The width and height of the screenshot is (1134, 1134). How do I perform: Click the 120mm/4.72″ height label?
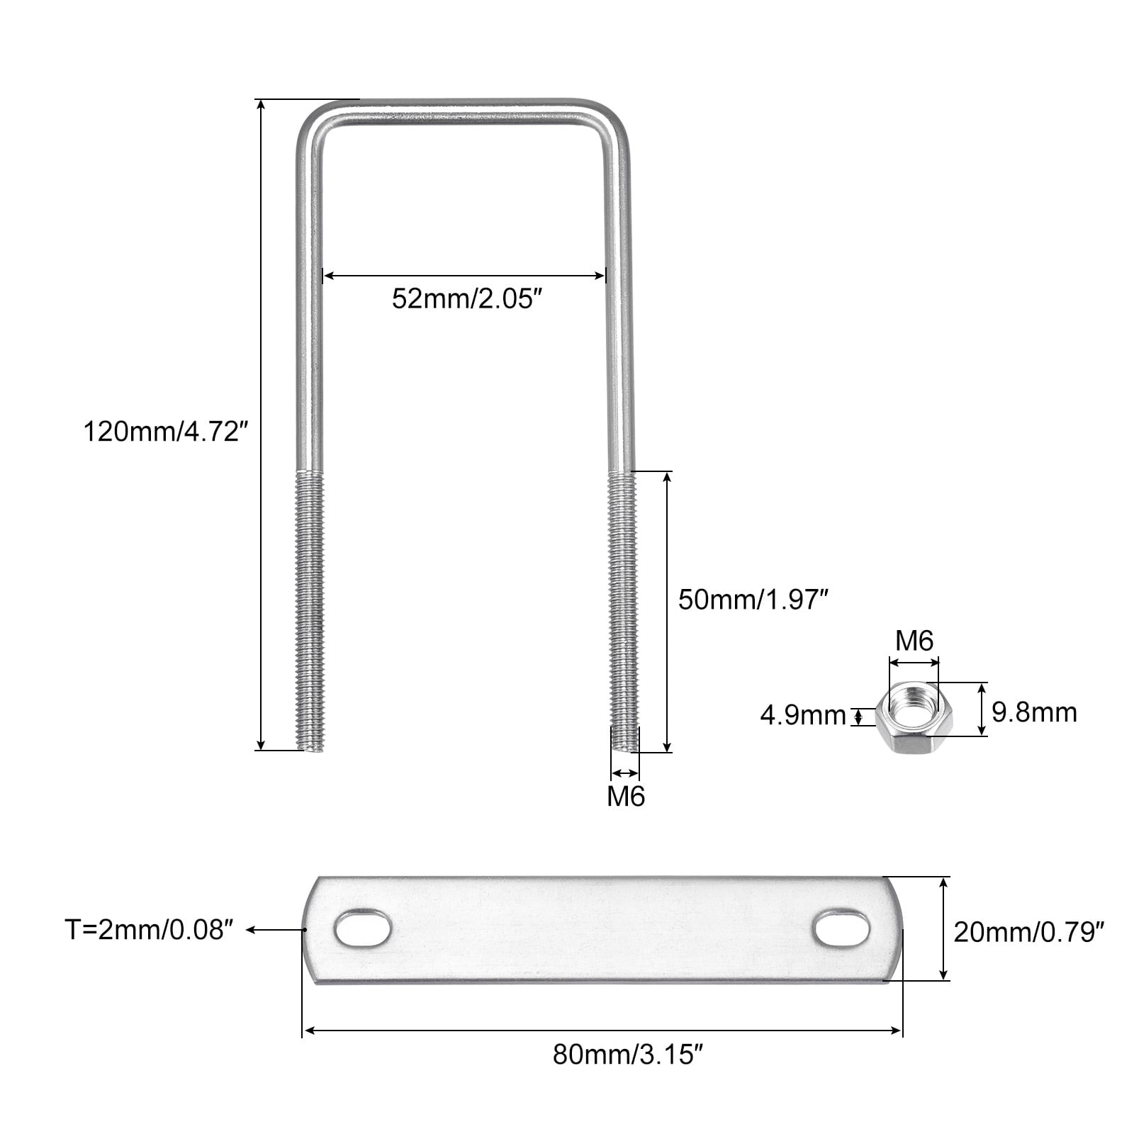tap(166, 431)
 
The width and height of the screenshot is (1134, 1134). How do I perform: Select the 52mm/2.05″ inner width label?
tap(472, 299)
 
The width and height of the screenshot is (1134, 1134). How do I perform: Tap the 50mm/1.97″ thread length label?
tap(753, 600)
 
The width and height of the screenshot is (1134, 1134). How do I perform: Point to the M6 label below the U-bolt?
tap(626, 796)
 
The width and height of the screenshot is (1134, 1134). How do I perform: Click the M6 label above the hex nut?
tap(914, 641)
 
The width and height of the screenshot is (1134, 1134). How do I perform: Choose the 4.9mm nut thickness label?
tap(803, 716)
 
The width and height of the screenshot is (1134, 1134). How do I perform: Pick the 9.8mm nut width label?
tap(1034, 712)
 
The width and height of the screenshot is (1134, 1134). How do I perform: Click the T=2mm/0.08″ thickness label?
tap(150, 930)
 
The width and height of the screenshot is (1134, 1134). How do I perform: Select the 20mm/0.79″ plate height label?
tap(1029, 931)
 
